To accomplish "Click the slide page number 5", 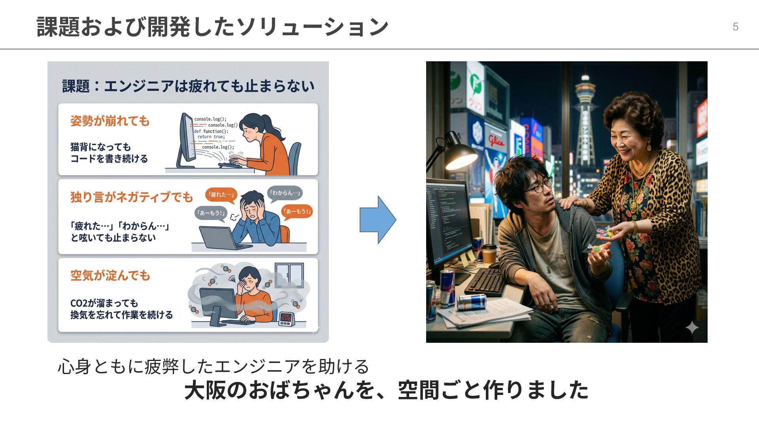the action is [735, 26].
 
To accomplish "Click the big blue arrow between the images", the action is [377, 220].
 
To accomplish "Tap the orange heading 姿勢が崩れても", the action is [110, 121].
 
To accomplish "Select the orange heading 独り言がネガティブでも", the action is [131, 196].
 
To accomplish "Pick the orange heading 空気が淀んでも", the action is [110, 275].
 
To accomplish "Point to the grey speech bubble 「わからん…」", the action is [285, 193].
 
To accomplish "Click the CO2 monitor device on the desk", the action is [285, 318].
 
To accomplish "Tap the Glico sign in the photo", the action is [496, 140].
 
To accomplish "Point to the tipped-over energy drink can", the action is [471, 302].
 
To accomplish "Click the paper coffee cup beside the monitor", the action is [489, 253].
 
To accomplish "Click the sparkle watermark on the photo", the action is [692, 327].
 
